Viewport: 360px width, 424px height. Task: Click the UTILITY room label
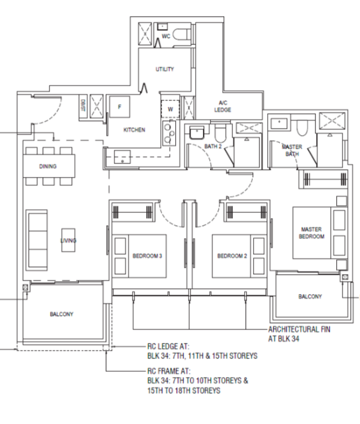coord(165,69)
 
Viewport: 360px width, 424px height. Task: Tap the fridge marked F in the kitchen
coord(119,107)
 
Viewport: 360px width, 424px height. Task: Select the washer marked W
coord(170,109)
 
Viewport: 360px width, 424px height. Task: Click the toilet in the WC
coord(181,35)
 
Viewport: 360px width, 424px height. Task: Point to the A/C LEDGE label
coord(223,106)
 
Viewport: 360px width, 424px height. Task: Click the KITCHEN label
coord(134,130)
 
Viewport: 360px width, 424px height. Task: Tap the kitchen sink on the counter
coord(122,157)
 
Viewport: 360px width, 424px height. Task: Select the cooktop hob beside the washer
coord(169,133)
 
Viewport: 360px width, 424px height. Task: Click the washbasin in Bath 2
coord(197,133)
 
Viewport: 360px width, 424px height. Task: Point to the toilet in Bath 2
coord(220,133)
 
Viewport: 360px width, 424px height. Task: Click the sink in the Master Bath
coord(279,124)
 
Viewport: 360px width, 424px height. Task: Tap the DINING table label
coord(48,166)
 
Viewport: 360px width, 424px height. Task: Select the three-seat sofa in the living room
coord(37,241)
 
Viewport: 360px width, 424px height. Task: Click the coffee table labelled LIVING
coord(68,240)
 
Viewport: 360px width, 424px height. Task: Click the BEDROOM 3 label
coord(147,256)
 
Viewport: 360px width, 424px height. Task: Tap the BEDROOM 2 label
coord(232,256)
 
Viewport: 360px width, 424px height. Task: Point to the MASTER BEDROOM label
coord(312,233)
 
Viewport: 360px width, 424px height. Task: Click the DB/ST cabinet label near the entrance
coord(83,106)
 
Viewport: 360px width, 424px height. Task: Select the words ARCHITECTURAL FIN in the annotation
coord(299,329)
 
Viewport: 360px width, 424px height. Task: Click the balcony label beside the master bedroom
coord(310,297)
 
